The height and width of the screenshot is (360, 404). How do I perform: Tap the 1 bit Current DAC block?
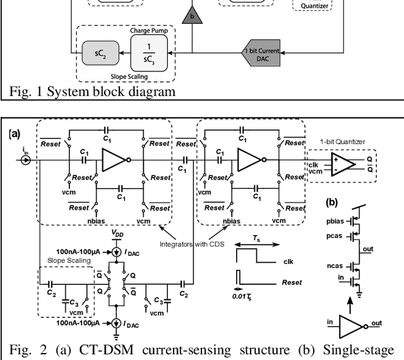pyautogui.click(x=261, y=52)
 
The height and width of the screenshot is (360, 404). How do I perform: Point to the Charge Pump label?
pyautogui.click(x=149, y=30)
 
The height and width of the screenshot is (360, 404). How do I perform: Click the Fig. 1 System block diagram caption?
pyautogui.click(x=92, y=91)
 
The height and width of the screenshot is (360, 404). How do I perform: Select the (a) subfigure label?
pyautogui.click(x=15, y=134)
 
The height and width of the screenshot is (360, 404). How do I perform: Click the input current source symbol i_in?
pyautogui.click(x=26, y=160)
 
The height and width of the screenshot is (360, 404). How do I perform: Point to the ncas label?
pyautogui.click(x=336, y=267)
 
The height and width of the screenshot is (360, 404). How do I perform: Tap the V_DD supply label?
pyautogui.click(x=117, y=233)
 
